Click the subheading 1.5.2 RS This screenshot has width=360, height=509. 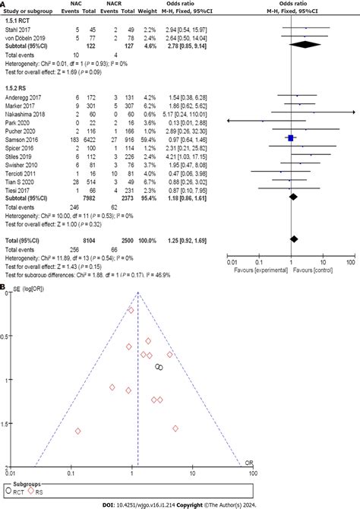(18, 87)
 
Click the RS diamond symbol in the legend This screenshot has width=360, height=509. (31, 492)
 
